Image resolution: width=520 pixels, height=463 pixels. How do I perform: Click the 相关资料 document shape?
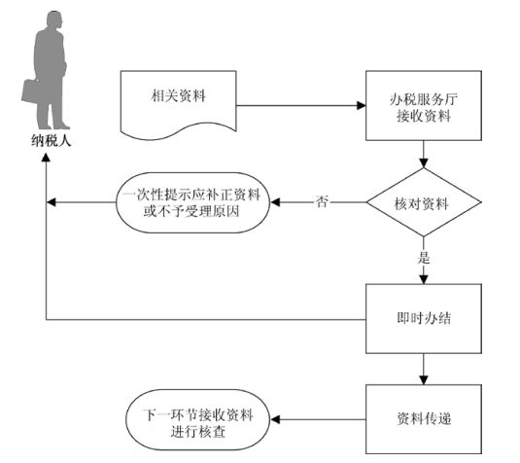tap(179, 103)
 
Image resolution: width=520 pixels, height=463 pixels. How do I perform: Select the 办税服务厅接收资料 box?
tap(424, 106)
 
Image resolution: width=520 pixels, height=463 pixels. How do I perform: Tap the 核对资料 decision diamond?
tap(424, 202)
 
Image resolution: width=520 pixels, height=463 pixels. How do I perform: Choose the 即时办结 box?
tap(424, 319)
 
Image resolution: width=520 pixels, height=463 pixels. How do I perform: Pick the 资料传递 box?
tap(424, 419)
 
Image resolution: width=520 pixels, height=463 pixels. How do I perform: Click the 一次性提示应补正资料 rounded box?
tap(192, 202)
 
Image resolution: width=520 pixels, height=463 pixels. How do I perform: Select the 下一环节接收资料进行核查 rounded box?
tap(198, 420)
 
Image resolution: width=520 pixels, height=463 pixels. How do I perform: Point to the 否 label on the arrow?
tap(321, 201)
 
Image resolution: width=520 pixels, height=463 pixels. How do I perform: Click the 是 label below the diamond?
tap(424, 258)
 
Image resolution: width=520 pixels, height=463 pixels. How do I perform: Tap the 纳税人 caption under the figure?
tap(52, 141)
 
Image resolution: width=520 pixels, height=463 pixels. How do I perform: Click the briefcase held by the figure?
tap(31, 90)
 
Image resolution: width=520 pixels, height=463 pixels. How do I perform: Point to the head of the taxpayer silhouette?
tap(54, 19)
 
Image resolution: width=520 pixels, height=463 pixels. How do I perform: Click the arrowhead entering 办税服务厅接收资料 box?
tap(362, 106)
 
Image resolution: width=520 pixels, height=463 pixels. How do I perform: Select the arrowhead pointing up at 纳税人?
tap(46, 158)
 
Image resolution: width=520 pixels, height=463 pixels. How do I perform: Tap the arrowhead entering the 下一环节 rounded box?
tap(275, 419)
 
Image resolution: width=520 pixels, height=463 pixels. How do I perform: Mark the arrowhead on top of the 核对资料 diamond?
tap(424, 163)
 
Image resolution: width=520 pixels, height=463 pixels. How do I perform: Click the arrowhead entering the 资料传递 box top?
tap(424, 380)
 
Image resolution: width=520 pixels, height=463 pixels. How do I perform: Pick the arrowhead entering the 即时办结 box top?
tap(424, 279)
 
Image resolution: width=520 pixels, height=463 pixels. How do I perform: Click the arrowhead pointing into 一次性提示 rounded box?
tap(275, 202)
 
